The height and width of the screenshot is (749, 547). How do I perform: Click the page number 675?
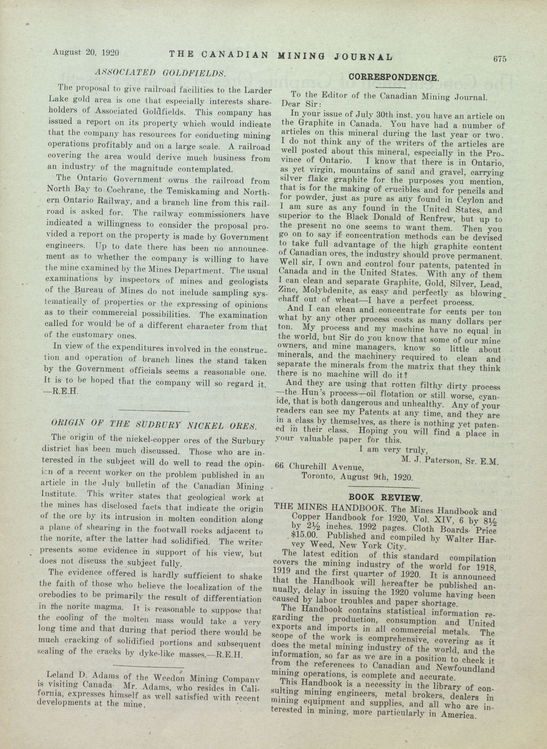500,59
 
